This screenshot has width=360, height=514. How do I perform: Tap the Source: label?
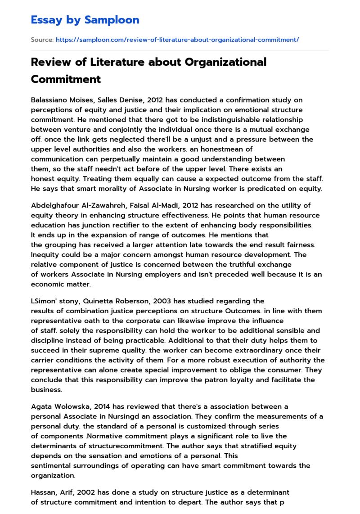coord(42,40)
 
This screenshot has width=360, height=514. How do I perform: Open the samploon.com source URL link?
coord(177,40)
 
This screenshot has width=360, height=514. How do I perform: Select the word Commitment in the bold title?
coord(66,79)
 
